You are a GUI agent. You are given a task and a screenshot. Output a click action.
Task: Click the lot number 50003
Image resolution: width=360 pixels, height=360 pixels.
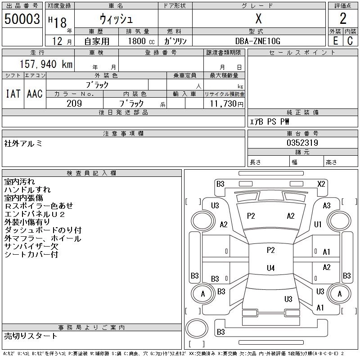22,19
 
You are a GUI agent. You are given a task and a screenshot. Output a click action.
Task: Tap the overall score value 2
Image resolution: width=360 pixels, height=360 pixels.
343,18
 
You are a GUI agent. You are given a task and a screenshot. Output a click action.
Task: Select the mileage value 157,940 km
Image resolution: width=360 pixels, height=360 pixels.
46,64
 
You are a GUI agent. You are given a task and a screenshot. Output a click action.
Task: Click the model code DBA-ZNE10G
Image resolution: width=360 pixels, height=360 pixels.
258,41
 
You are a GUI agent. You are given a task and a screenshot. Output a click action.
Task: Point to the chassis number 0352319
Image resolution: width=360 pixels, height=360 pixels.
302,143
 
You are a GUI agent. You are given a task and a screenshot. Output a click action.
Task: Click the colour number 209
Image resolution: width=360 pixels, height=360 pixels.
74,103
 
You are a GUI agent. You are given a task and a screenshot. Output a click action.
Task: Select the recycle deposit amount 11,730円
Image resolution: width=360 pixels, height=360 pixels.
227,104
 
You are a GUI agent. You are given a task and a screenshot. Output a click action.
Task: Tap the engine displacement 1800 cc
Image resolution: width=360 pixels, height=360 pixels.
141,41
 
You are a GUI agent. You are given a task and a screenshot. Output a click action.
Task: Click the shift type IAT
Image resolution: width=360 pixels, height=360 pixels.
13,94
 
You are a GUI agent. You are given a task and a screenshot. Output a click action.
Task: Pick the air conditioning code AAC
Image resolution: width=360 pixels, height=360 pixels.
35,94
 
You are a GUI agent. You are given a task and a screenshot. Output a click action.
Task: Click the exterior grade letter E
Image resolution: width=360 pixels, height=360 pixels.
335,41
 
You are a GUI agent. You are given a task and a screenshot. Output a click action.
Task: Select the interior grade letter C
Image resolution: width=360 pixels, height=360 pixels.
350,41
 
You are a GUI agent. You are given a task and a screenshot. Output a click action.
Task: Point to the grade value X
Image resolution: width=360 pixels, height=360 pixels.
259,18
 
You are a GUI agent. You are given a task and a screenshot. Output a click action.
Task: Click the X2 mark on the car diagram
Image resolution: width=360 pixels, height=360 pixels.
321,184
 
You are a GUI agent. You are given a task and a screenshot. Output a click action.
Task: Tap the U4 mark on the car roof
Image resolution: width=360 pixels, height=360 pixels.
271,268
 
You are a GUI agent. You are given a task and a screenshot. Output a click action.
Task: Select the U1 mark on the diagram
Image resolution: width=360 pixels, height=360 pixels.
318,224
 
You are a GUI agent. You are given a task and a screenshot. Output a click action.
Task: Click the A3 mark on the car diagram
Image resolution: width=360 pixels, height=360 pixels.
327,206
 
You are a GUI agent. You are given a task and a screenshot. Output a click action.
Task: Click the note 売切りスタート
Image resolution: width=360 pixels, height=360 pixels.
31,336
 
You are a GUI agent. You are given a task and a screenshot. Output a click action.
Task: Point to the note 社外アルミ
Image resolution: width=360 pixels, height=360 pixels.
23,144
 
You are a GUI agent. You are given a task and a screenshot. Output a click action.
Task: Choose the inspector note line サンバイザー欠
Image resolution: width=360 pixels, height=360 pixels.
31,246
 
